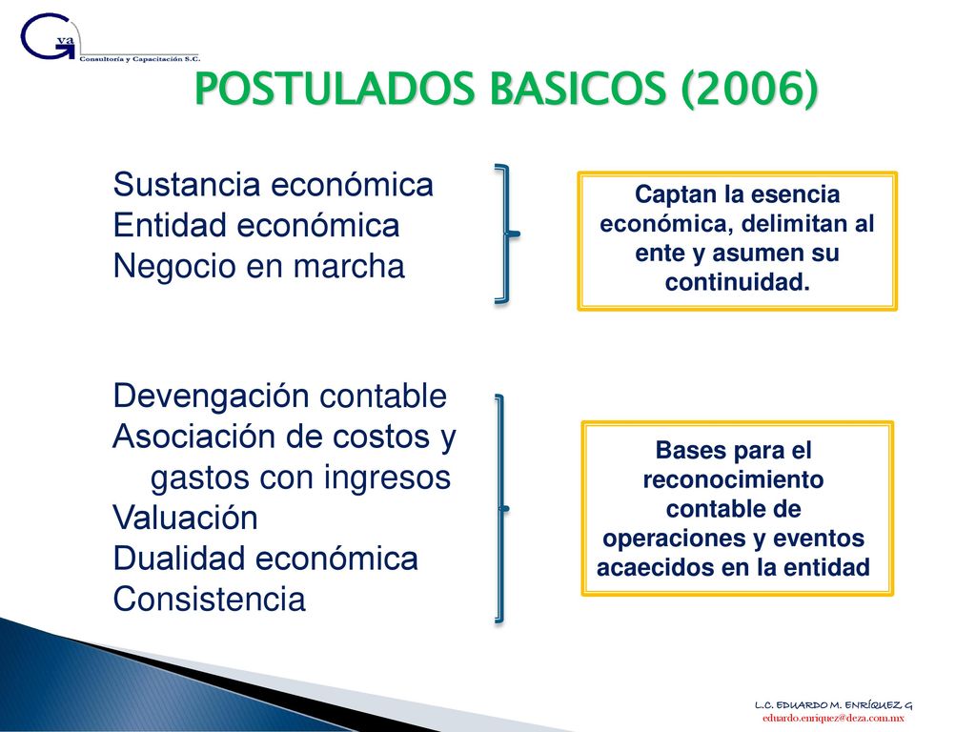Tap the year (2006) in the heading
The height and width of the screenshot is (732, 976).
click(x=749, y=89)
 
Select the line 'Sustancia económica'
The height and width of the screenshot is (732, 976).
click(x=274, y=185)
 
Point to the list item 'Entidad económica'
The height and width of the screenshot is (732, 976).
click(x=255, y=225)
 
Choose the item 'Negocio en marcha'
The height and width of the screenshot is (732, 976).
click(x=259, y=267)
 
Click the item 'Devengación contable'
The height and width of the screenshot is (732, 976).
click(x=280, y=396)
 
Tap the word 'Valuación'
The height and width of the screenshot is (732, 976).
click(x=186, y=518)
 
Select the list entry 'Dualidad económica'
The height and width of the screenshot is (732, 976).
click(x=265, y=559)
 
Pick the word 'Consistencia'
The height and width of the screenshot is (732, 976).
click(x=209, y=600)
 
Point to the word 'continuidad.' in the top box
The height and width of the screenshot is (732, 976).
click(x=738, y=282)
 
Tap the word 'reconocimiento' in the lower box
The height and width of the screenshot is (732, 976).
click(x=733, y=480)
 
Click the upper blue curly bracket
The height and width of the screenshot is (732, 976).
click(x=508, y=234)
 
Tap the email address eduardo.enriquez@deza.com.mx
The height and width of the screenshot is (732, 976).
click(x=833, y=719)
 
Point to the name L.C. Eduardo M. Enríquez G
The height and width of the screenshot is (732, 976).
click(x=833, y=705)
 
